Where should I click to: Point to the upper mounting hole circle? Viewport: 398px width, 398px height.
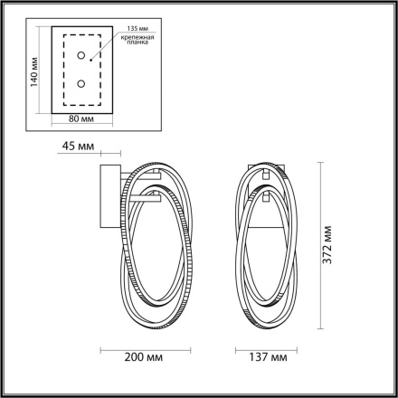coord(83,57)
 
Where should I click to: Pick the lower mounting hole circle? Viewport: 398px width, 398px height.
coord(83,83)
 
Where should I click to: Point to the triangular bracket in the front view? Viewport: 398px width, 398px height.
coord(270,207)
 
